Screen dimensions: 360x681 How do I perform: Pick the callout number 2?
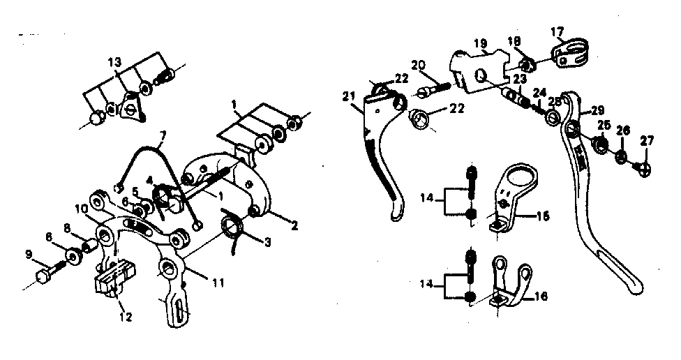coord(294,225)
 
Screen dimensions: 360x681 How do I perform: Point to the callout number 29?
coord(597,110)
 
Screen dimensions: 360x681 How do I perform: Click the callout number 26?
coord(623,130)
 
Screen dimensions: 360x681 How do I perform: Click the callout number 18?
coord(514,43)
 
